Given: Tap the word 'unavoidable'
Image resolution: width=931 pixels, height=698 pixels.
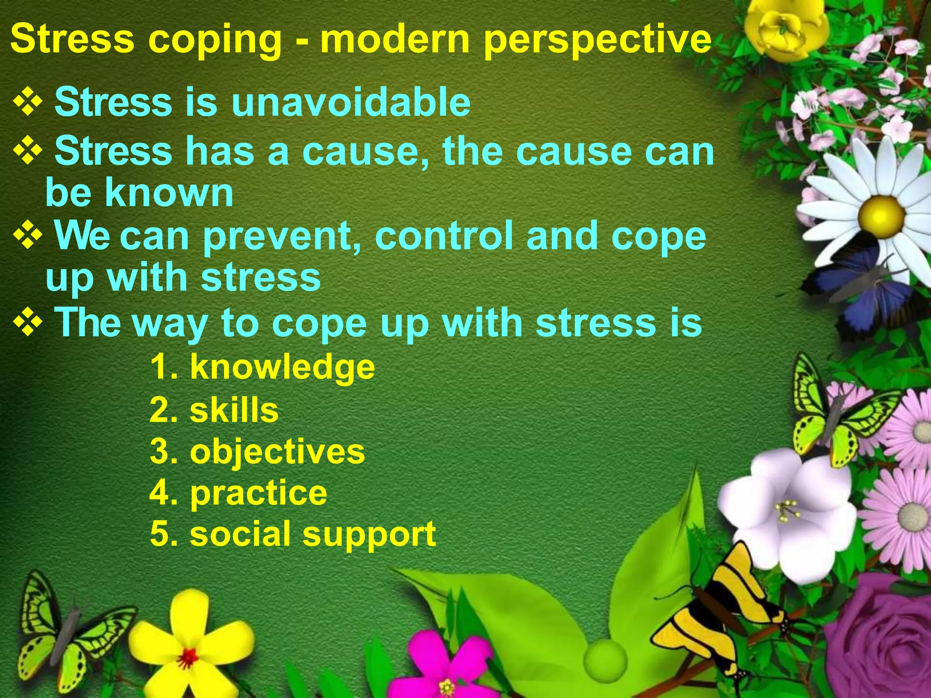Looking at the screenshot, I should click(x=351, y=102).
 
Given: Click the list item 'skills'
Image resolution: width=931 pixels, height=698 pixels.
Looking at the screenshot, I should click(x=234, y=410).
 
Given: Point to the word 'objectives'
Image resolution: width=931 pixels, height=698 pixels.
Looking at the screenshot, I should click(x=277, y=452).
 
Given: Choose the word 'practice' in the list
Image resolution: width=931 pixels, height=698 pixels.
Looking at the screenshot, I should click(x=259, y=493).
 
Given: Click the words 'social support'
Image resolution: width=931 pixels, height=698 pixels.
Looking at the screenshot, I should click(x=313, y=533).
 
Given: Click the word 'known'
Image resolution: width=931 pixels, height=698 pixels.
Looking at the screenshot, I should click(x=169, y=193).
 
